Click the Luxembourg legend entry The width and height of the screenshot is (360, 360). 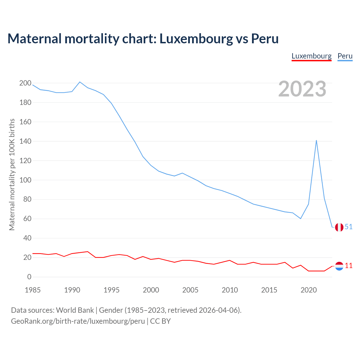pyautogui.click(x=311, y=56)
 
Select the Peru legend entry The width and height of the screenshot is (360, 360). pyautogui.click(x=345, y=56)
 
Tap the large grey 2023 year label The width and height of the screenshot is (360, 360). pyautogui.click(x=302, y=89)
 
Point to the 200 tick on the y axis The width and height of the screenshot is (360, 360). pyautogui.click(x=25, y=83)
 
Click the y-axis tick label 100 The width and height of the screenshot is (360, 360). pyautogui.click(x=25, y=180)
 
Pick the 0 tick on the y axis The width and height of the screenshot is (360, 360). pyautogui.click(x=29, y=277)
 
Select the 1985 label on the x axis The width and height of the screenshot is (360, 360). pyautogui.click(x=33, y=290)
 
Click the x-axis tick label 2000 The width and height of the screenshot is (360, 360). pyautogui.click(x=151, y=290)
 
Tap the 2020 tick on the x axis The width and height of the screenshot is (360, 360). pyautogui.click(x=309, y=290)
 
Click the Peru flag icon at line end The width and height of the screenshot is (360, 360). pyautogui.click(x=339, y=227)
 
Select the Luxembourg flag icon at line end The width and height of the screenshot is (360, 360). pyautogui.click(x=339, y=266)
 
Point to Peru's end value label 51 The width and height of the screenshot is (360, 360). pyautogui.click(x=349, y=227)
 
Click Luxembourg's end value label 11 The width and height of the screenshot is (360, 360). pyautogui.click(x=349, y=265)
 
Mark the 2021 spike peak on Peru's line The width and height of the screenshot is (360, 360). pyautogui.click(x=316, y=140)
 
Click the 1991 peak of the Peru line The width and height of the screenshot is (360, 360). pyautogui.click(x=80, y=82)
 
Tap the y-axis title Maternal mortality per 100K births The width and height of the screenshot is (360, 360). pyautogui.click(x=12, y=174)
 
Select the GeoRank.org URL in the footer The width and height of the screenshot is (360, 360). pyautogui.click(x=78, y=321)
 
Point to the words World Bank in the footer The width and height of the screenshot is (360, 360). pyautogui.click(x=75, y=310)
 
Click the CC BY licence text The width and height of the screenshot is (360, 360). pyautogui.click(x=160, y=321)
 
